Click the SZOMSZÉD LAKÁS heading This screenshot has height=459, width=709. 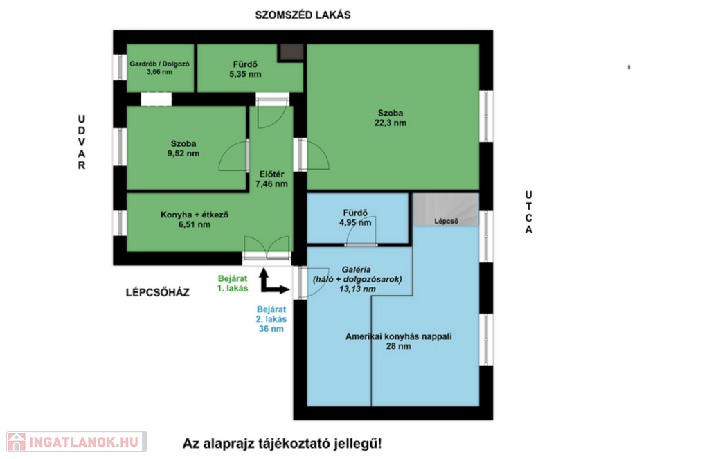[303, 15]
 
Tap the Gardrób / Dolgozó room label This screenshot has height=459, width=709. [160, 64]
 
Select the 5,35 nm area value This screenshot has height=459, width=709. [245, 74]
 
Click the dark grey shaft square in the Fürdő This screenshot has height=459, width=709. [291, 53]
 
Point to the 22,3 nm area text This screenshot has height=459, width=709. [391, 123]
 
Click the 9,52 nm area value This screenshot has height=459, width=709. [183, 153]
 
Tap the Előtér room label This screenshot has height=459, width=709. [271, 174]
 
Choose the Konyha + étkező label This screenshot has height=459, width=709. [195, 215]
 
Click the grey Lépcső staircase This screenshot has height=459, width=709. [446, 210]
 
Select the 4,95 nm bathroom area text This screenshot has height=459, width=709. [355, 222]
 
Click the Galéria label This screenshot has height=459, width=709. [357, 269]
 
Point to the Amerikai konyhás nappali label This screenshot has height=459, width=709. [398, 336]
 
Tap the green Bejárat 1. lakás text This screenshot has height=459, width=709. [233, 283]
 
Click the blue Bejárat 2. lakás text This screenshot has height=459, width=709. [271, 314]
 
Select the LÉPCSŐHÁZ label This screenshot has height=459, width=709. [157, 293]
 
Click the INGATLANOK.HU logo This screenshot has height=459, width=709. [77, 442]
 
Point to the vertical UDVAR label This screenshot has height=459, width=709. [82, 142]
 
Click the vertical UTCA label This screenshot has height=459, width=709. [528, 212]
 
